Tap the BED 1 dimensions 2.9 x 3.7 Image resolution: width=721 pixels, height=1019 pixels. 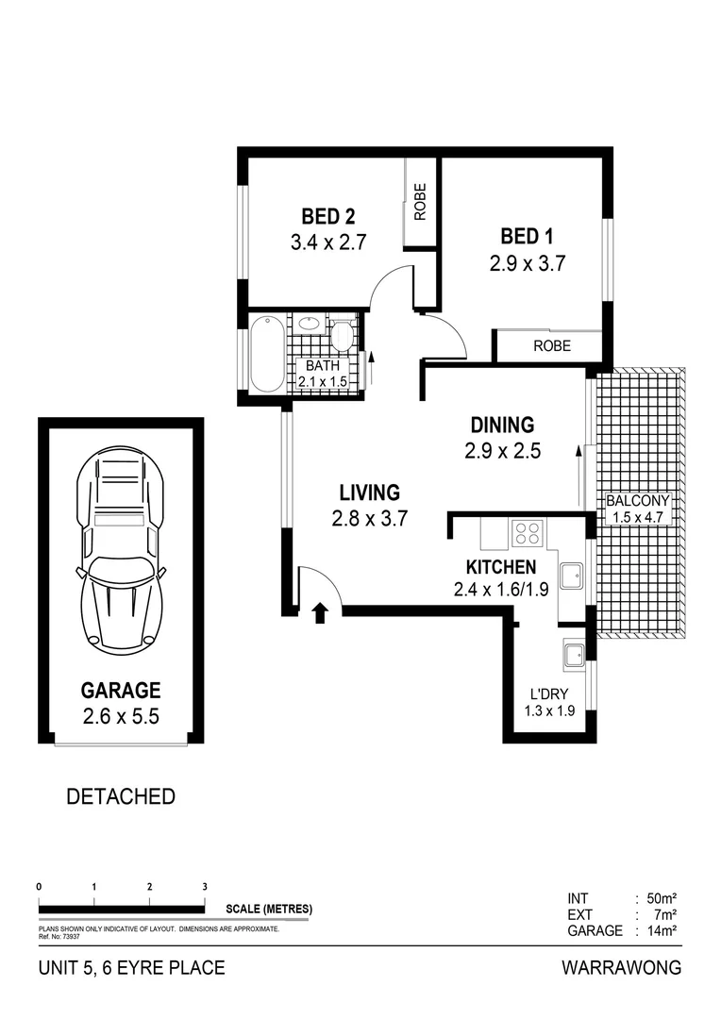527,264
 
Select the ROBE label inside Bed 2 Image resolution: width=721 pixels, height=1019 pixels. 420,201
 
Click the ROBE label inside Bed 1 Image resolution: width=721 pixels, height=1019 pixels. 552,346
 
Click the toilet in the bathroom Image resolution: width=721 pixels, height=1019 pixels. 342,335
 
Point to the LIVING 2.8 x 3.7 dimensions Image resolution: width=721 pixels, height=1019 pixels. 369,518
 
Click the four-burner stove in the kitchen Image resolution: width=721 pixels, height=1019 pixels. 526,534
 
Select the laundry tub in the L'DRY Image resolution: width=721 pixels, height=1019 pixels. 573,652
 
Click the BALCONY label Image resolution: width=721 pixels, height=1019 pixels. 638,501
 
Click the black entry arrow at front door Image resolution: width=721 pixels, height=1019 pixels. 320,613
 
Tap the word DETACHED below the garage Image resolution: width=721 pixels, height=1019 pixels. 121,796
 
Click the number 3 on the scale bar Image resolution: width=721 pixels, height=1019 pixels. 205,887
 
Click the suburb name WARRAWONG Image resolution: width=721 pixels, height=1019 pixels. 620,968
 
